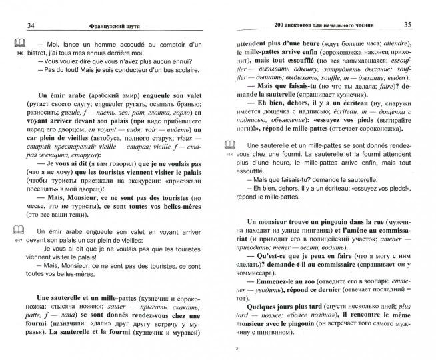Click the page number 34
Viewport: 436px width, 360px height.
(x=29, y=26)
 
